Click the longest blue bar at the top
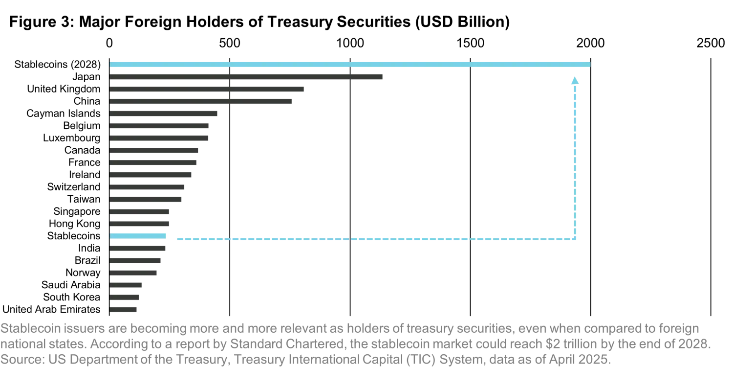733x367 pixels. coord(349,64)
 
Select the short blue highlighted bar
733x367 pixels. coord(139,235)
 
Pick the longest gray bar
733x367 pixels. coord(246,76)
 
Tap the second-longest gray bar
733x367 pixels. coord(207,90)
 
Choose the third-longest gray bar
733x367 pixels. coord(201,102)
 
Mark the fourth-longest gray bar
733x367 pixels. coord(164,114)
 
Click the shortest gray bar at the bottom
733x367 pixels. coord(123,309)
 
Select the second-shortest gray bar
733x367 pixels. coord(125,298)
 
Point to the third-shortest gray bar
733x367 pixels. coord(127,286)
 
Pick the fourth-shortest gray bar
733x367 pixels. coord(135,274)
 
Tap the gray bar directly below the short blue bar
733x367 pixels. coord(139,248)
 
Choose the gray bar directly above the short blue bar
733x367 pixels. coord(141,223)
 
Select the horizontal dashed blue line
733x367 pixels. coord(376,239)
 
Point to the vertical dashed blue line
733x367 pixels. coord(575,161)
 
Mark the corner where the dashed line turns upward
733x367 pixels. coord(575,239)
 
